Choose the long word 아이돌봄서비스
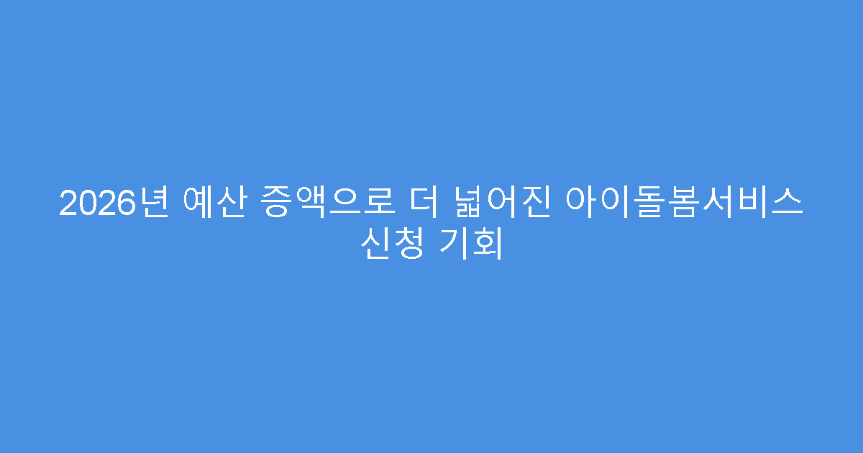pos(685,203)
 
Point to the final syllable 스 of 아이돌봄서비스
pos(787,203)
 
